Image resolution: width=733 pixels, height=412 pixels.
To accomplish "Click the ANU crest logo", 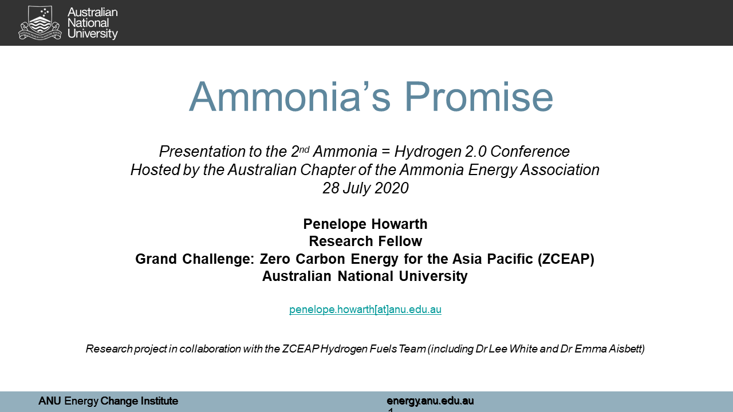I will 40,23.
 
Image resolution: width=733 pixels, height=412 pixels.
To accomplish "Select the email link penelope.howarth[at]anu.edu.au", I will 365,310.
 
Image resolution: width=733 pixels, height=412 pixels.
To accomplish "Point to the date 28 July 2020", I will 365,188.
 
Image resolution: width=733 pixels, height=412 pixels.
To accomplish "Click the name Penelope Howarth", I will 365,224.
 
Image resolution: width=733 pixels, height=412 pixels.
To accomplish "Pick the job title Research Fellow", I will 365,241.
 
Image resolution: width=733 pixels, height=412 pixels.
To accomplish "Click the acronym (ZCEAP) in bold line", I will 566,259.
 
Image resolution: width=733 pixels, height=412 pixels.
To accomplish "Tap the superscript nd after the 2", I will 304,148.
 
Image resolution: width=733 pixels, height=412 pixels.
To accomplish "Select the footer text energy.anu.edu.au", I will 430,401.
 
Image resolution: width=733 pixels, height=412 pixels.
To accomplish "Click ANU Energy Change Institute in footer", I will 108,401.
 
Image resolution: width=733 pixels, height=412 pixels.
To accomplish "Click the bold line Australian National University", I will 365,276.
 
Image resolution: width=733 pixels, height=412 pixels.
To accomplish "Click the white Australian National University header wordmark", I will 92,23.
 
